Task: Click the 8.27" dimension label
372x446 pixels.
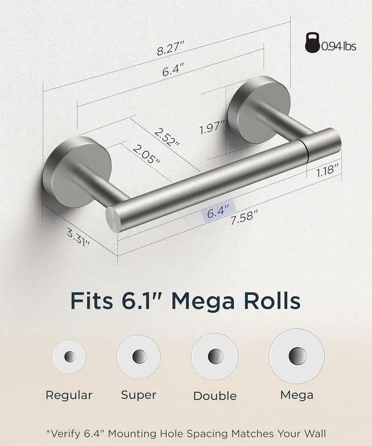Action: click(x=170, y=48)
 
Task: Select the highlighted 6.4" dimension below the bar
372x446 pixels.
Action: click(x=218, y=211)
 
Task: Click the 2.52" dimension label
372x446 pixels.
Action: click(x=167, y=137)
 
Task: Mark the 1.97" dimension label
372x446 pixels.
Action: click(x=212, y=127)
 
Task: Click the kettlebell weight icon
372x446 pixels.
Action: click(x=313, y=42)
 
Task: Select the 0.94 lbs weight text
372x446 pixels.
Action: click(x=339, y=46)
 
